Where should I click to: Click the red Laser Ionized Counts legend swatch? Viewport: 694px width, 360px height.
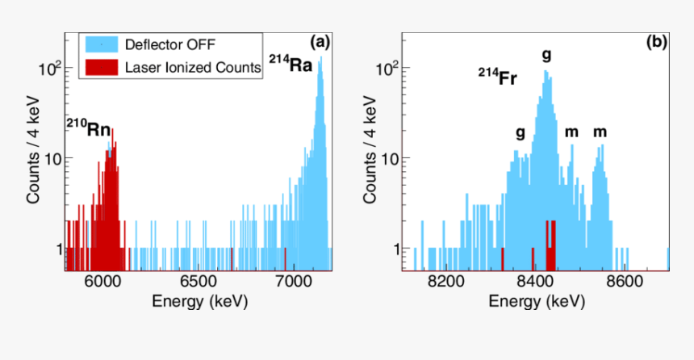pyautogui.click(x=101, y=68)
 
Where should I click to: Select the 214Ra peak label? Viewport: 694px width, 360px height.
pyautogui.click(x=291, y=65)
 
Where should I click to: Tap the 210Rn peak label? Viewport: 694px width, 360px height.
pyautogui.click(x=88, y=128)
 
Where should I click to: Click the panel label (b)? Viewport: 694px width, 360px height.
pyautogui.click(x=655, y=42)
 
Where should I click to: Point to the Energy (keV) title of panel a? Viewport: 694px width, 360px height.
pyautogui.click(x=199, y=301)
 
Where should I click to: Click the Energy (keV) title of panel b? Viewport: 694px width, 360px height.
pyautogui.click(x=535, y=301)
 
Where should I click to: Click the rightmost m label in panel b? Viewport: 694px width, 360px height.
pyautogui.click(x=600, y=132)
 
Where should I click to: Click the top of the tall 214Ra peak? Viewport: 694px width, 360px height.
pyautogui.click(x=320, y=58)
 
